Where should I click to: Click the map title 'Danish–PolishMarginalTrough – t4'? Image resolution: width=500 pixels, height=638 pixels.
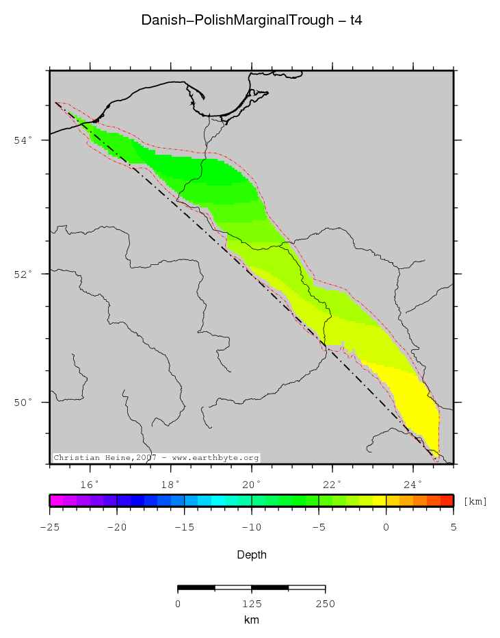[251, 21]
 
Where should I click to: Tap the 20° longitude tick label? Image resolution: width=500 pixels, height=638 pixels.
[252, 484]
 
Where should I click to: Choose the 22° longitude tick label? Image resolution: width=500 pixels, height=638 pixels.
[332, 484]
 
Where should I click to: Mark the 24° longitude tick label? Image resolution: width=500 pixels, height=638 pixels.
[413, 484]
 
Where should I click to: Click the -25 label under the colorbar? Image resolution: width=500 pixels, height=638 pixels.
[49, 526]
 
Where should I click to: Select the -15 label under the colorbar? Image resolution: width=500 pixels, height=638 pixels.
[184, 526]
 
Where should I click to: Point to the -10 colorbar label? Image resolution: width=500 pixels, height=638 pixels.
[251, 526]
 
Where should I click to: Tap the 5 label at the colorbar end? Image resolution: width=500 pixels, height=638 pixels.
[453, 526]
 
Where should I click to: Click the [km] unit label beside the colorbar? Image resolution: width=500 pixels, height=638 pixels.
[475, 502]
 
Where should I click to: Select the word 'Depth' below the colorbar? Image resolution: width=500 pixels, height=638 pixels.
[251, 554]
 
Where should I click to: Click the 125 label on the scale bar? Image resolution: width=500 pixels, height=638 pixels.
[251, 604]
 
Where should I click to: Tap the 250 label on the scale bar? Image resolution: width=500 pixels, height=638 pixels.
[325, 604]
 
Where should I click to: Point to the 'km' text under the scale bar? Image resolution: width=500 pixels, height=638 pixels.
[251, 620]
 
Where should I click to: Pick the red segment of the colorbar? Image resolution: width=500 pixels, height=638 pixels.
[446, 500]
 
